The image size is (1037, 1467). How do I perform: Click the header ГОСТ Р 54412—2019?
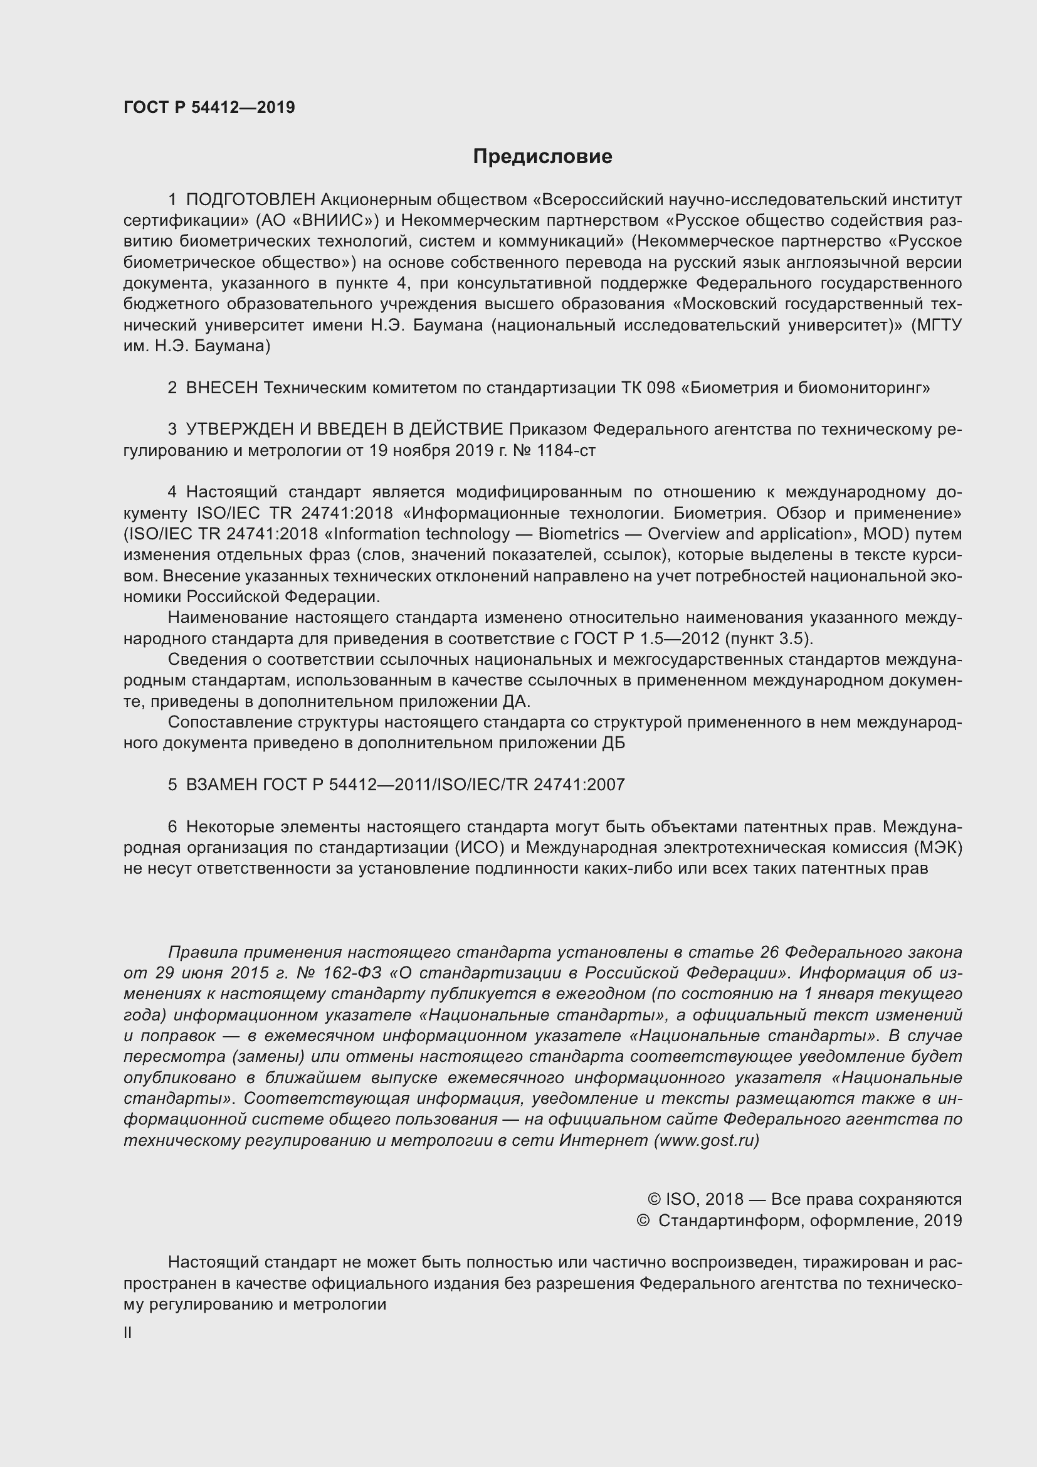click(209, 107)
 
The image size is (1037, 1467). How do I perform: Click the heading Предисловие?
click(542, 157)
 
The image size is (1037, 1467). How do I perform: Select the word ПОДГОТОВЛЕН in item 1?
click(250, 200)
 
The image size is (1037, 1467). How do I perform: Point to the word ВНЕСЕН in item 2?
click(221, 388)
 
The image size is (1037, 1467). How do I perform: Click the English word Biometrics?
click(579, 534)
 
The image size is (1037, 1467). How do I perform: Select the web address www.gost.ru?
click(706, 1141)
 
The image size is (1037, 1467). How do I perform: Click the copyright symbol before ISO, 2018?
click(653, 1200)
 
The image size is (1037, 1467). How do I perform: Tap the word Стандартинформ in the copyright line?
click(731, 1221)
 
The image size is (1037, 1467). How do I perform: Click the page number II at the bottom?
click(128, 1333)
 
